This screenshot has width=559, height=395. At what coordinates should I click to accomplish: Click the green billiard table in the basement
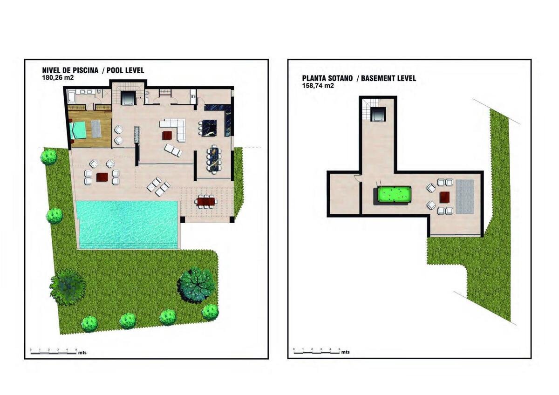(393, 196)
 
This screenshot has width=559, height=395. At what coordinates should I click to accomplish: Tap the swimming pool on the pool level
(128, 225)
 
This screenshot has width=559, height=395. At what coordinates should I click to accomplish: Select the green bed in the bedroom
(78, 130)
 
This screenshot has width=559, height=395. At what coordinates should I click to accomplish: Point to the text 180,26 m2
(58, 78)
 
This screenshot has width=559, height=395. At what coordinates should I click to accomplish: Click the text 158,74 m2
(318, 86)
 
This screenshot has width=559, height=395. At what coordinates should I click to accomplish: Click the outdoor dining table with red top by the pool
(205, 201)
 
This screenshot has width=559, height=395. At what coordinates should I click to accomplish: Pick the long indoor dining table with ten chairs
(214, 159)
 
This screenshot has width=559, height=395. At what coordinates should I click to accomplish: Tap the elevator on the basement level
(378, 115)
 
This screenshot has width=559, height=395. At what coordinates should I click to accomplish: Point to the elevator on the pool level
(128, 98)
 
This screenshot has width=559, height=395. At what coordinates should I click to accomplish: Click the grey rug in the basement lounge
(465, 197)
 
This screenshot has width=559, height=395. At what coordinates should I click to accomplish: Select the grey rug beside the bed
(96, 129)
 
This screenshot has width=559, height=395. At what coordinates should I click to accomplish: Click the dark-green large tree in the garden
(196, 285)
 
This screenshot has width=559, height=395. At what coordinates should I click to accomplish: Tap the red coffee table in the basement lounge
(445, 197)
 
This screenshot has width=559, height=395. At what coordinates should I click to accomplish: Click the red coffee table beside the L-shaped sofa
(167, 136)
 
